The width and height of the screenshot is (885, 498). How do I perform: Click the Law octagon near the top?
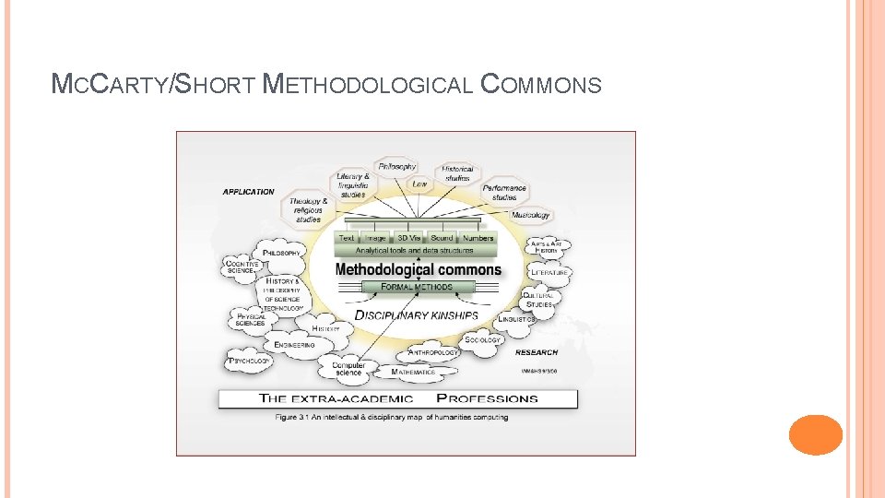pyautogui.click(x=419, y=184)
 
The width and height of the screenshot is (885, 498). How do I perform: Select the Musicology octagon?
pyautogui.click(x=530, y=215)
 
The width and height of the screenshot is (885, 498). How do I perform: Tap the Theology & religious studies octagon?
pyautogui.click(x=309, y=210)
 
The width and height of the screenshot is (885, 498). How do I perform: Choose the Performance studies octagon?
pyautogui.click(x=504, y=192)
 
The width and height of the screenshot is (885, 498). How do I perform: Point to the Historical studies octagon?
pyautogui.click(x=458, y=172)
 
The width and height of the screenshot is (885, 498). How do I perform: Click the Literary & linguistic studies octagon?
pyautogui.click(x=353, y=184)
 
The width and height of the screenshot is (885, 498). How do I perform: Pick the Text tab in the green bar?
pyautogui.click(x=347, y=238)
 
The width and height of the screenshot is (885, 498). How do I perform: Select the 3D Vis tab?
pyautogui.click(x=408, y=238)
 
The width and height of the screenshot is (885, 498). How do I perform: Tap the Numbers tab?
pyautogui.click(x=478, y=238)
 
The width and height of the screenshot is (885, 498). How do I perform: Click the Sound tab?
pyautogui.click(x=442, y=238)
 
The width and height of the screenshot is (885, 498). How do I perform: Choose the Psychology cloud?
pyautogui.click(x=249, y=361)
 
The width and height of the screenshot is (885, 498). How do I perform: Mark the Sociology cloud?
pyautogui.click(x=482, y=339)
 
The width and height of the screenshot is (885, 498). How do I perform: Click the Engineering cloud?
pyautogui.click(x=295, y=345)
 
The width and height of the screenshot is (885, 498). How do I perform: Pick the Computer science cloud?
pyautogui.click(x=348, y=369)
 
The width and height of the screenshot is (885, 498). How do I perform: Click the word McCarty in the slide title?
pyautogui.click(x=110, y=86)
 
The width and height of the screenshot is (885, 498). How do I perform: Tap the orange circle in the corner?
pyautogui.click(x=816, y=435)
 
